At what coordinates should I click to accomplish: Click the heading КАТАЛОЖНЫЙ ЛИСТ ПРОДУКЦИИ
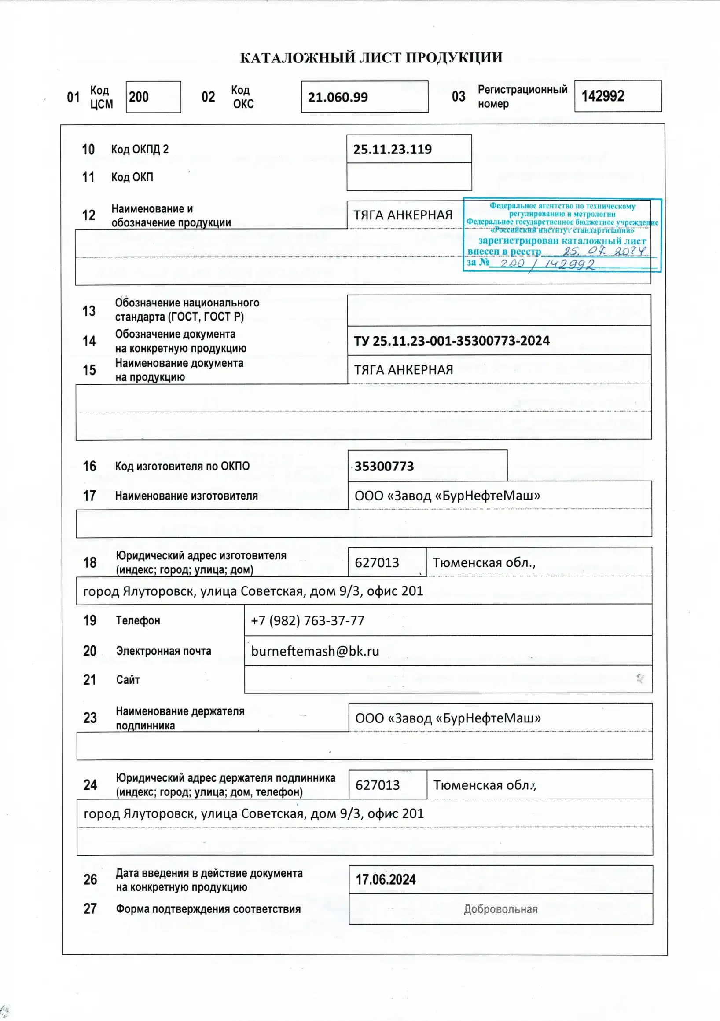click(371, 58)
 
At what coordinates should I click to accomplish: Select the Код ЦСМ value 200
click(139, 97)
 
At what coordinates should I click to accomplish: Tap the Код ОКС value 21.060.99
click(338, 97)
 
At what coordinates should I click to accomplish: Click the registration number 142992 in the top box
click(602, 96)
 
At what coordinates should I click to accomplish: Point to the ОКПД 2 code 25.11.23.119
click(392, 149)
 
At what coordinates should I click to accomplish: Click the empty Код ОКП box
click(408, 177)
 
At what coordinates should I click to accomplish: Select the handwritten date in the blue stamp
click(603, 251)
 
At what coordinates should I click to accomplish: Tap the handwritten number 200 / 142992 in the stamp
click(547, 264)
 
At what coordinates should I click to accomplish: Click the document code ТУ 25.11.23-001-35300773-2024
click(451, 341)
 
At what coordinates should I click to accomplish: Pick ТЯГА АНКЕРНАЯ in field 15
click(403, 370)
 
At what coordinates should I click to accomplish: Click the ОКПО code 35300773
click(384, 467)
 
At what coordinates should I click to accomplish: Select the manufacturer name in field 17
click(447, 496)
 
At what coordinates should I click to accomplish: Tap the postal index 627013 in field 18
click(377, 563)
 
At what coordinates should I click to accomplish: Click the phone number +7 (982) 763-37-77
click(308, 621)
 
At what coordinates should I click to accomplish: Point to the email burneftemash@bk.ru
click(315, 651)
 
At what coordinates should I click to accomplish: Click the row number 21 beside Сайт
click(89, 679)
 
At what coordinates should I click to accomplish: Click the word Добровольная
click(500, 909)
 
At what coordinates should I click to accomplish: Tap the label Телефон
click(138, 621)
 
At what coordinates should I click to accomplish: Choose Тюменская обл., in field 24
click(485, 785)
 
